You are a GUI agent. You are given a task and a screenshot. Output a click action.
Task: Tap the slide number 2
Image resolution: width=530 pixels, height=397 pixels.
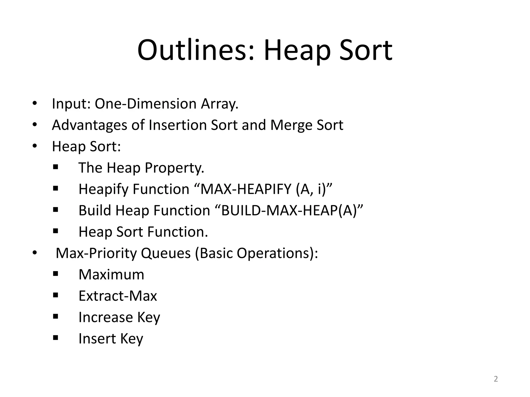[496, 379]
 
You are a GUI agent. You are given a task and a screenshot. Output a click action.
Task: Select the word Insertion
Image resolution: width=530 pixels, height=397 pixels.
[178, 125]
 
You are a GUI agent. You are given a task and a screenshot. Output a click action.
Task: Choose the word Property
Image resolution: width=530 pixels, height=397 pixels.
[174, 168]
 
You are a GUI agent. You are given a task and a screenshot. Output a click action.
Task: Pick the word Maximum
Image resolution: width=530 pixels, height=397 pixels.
[111, 274]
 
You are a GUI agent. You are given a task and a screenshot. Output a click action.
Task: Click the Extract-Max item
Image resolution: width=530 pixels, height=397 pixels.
[118, 296]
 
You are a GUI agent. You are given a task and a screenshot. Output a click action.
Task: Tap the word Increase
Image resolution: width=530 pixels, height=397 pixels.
[106, 317]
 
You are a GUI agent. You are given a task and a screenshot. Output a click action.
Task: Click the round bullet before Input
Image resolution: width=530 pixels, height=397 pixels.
[35, 104]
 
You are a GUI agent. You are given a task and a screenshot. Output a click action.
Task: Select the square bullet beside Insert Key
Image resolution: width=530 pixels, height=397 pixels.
[55, 338]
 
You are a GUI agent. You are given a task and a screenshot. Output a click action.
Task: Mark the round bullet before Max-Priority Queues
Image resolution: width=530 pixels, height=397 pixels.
[35, 253]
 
